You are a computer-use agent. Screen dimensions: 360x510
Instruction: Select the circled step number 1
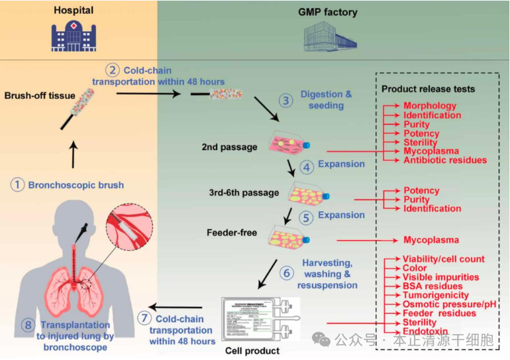pos(17,184)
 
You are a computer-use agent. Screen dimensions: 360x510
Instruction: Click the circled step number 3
pos(285,100)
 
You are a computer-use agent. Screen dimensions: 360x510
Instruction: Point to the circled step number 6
pos(285,272)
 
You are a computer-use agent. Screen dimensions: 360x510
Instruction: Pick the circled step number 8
pos(27,325)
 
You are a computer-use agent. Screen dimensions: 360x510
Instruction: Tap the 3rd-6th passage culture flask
pos(309,194)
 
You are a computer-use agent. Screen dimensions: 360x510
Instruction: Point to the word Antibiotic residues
pos(445,160)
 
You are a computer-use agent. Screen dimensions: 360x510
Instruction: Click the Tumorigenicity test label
pos(436,295)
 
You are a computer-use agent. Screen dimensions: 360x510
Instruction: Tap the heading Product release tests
pos(429,88)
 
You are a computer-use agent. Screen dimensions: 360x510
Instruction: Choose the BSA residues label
pos(433,286)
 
